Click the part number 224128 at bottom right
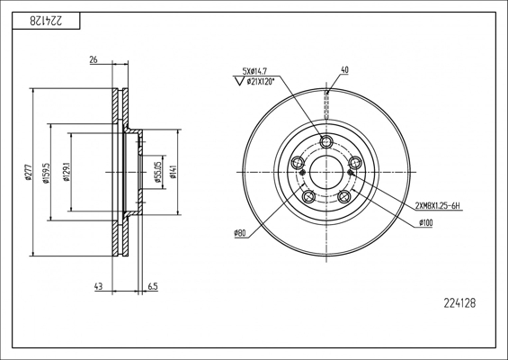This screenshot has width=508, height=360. pos(459,303)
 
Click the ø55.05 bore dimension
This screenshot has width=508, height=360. pos(157,173)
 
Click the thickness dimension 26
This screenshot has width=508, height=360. pos(94,61)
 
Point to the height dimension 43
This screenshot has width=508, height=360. pos(96,287)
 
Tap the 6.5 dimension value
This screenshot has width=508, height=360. pos(152,287)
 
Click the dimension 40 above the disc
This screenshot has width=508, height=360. pos(344,69)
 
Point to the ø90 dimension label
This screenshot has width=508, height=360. pos(240,234)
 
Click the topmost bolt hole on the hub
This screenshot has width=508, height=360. pos(326,141)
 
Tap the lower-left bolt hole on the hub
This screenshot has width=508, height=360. pos(308,196)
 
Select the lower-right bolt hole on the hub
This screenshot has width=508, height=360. pos(343,196)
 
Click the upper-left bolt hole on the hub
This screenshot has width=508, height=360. pos(298,163)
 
